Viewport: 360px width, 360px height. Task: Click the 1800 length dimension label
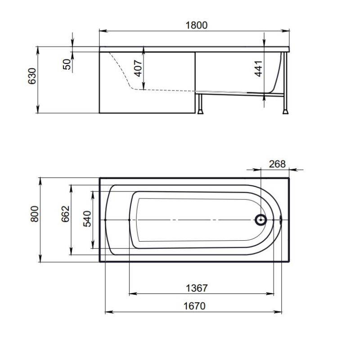point(196,25)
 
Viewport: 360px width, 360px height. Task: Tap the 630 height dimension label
point(32,76)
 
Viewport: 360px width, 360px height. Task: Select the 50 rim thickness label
point(67,64)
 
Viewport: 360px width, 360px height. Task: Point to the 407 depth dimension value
point(138,68)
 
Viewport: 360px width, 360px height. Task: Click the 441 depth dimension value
point(258,69)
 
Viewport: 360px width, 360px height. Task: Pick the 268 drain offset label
point(277,164)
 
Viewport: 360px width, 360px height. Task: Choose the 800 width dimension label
point(35,214)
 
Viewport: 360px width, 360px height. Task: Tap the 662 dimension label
point(65,214)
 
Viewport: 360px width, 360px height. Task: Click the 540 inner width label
point(87,219)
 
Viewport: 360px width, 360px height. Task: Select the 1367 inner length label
point(197,288)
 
